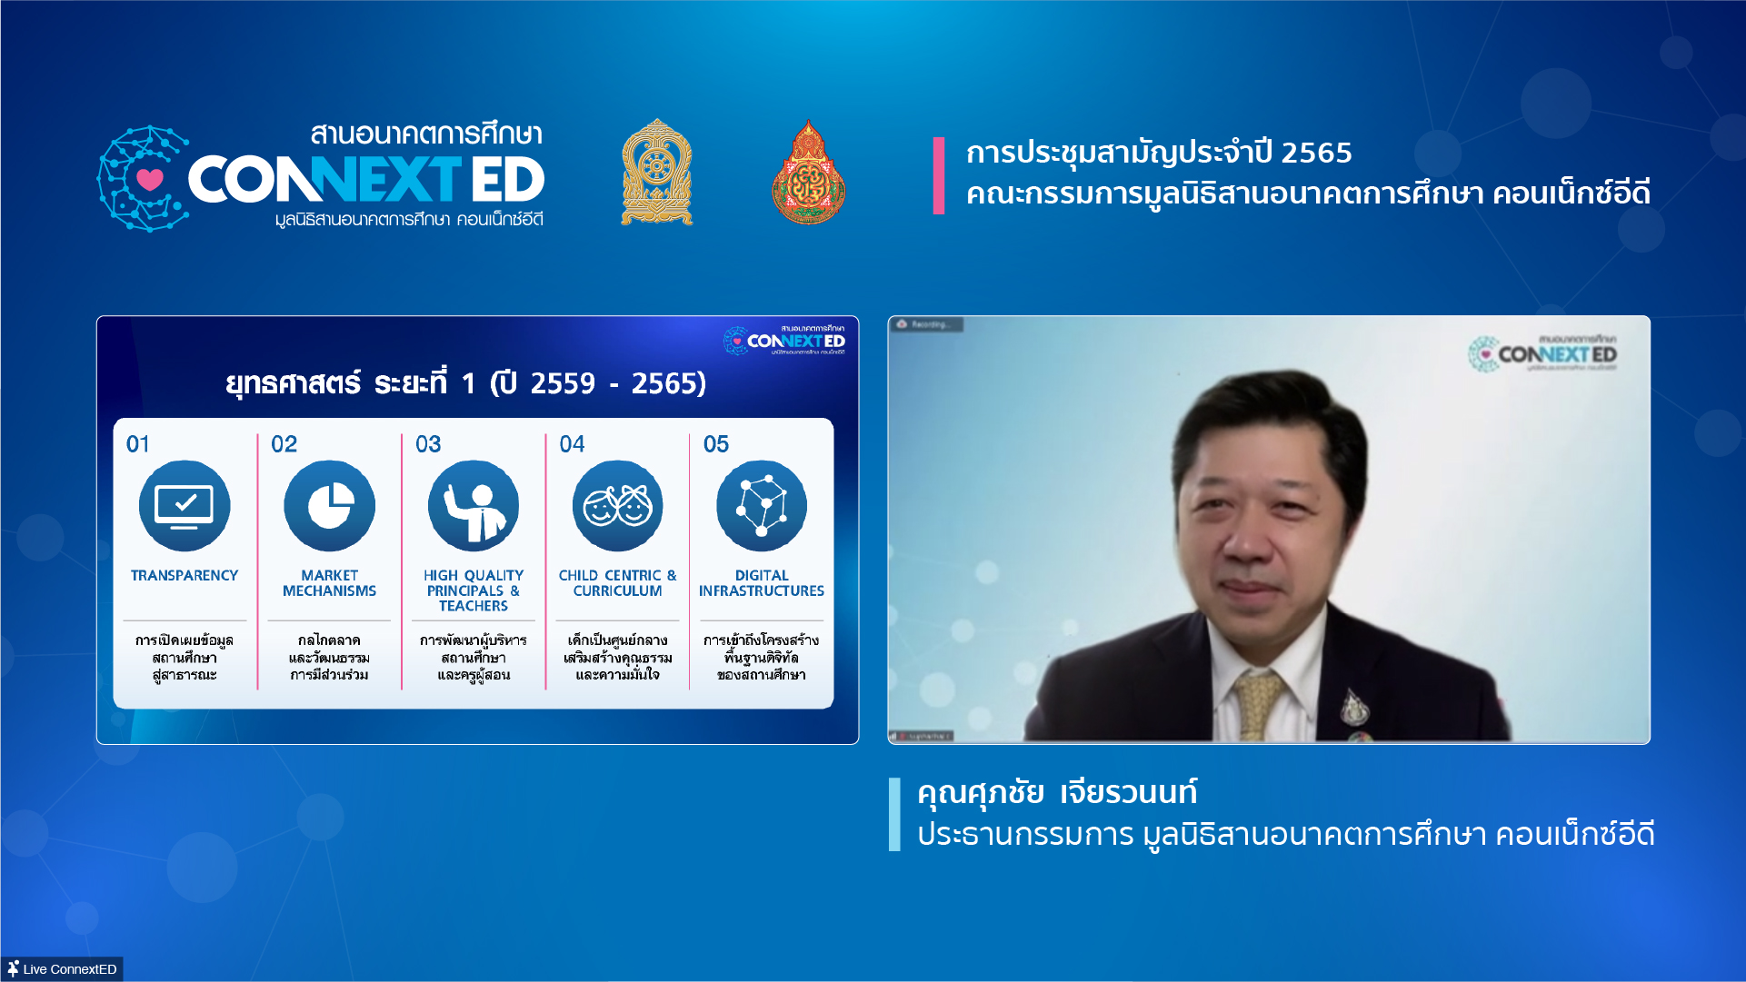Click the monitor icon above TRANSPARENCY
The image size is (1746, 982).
pos(185,506)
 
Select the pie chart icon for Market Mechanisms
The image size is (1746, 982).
pos(329,506)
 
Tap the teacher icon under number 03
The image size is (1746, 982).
pos(474,506)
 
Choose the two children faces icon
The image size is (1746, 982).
pos(617,506)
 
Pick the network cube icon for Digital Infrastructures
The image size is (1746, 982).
pos(762,506)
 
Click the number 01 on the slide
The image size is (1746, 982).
pos(138,444)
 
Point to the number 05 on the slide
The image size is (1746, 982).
pos(716,444)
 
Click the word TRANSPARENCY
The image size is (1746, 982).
pos(185,576)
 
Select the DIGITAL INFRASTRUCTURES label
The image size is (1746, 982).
pos(762,583)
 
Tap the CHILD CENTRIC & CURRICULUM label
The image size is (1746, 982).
pos(617,583)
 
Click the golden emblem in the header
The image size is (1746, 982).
pos(656,173)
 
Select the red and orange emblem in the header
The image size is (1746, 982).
pos(808,174)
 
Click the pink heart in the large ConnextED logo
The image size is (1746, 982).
pos(150,179)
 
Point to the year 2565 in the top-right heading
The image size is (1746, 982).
pos(1316,153)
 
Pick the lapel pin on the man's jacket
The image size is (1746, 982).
pos(1353,705)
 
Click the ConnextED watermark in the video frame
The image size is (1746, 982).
pos(1544,353)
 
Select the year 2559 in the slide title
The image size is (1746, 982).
pos(563,383)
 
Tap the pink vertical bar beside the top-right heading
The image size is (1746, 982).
pos(939,175)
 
